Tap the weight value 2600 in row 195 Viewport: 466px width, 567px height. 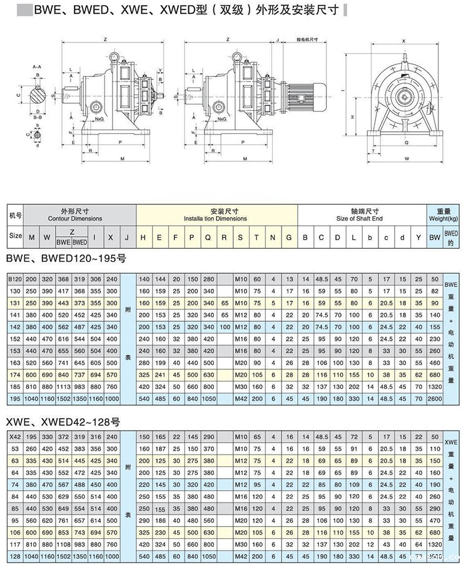click(435, 398)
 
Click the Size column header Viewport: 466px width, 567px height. click(15, 237)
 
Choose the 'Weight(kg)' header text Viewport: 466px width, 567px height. click(443, 219)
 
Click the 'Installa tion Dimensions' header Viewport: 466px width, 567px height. click(215, 219)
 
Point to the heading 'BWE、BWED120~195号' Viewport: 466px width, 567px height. click(58, 257)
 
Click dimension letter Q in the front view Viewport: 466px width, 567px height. click(408, 142)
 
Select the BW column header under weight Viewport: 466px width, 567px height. click(435, 237)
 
